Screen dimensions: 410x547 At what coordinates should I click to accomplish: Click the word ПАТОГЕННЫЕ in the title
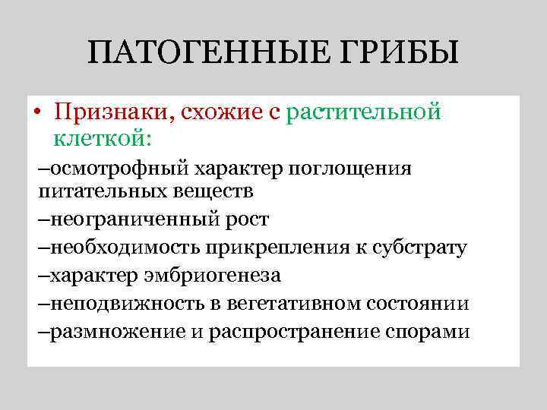(x=195, y=54)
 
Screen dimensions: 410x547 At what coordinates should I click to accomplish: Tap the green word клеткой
(x=103, y=140)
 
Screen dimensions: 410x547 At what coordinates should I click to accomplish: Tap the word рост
(x=248, y=220)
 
